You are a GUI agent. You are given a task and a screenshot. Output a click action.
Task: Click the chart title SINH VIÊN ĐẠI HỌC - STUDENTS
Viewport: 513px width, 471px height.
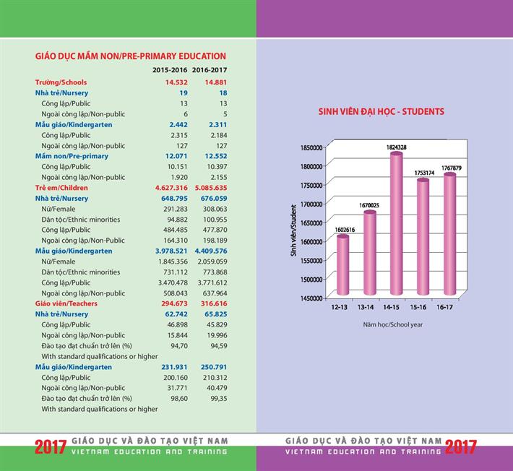[381, 112]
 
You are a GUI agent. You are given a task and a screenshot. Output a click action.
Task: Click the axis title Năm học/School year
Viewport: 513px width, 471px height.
[392, 324]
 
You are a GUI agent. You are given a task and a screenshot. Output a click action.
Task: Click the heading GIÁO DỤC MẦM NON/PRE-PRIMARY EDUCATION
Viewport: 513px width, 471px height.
[130, 56]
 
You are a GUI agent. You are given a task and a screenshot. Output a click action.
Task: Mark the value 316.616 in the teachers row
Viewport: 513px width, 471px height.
[211, 303]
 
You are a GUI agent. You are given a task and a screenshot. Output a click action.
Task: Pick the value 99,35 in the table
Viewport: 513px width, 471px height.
[215, 398]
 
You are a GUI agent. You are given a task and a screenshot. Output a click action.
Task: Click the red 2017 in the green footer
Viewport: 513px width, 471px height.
[49, 446]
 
